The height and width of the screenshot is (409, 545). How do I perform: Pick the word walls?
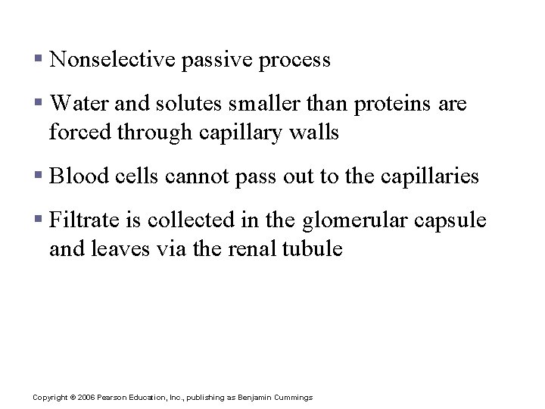(x=316, y=133)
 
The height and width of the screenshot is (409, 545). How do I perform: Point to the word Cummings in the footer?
(x=293, y=398)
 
